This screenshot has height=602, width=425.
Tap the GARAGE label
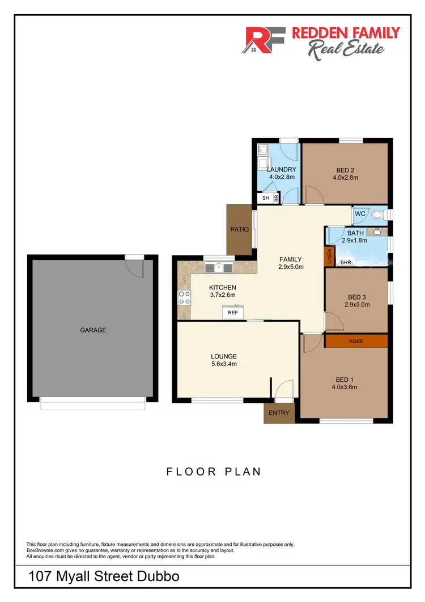coord(93,330)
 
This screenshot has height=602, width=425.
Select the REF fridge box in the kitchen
coord(232,313)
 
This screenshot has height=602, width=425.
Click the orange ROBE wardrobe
coord(356,341)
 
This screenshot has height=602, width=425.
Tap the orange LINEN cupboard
coord(329,256)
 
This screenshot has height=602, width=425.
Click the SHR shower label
coord(345,263)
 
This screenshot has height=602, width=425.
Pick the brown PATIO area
coord(239,230)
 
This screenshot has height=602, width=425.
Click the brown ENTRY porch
coord(279,413)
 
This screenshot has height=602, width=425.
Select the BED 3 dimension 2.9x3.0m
coord(357,304)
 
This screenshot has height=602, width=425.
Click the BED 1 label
coord(344,380)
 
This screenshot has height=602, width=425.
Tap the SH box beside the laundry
coord(265,198)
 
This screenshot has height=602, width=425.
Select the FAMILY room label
coord(291,259)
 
